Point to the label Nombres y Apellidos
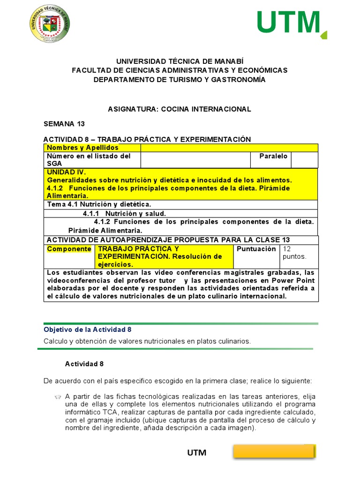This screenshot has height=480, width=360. [82, 148]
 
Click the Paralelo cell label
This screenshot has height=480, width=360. [273, 156]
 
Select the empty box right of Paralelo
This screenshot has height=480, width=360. [304, 159]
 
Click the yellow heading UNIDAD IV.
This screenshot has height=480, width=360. [66, 172]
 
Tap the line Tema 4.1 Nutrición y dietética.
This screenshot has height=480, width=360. [99, 204]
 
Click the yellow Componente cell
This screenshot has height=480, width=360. [69, 249]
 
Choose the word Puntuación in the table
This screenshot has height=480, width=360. [256, 249]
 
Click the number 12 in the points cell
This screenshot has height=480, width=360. [287, 249]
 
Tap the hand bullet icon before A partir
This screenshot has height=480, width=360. [58, 397]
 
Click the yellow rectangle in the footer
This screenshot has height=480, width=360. [274, 451]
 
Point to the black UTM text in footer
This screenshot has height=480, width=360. [197, 453]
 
